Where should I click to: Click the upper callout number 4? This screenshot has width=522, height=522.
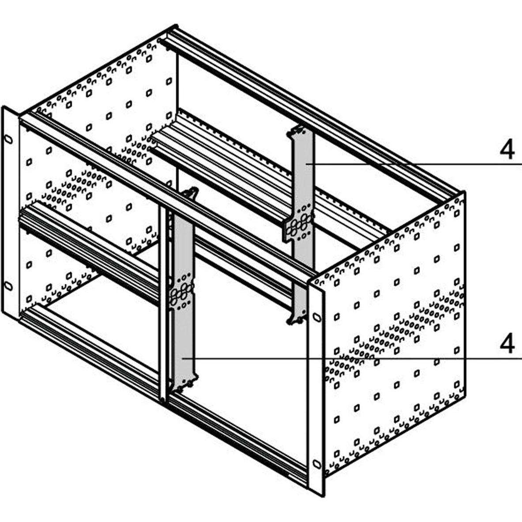507,150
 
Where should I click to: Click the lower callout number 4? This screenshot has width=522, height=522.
507,344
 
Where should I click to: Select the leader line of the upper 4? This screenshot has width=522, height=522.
415,164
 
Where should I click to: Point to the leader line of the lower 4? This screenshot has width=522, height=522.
353,358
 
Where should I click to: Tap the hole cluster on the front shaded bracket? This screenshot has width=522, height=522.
182,291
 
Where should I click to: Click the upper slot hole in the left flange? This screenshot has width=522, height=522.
8,139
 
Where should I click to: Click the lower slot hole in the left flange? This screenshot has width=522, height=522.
8,285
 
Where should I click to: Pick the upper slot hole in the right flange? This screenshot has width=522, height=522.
316,317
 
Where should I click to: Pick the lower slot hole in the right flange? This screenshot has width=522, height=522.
316,463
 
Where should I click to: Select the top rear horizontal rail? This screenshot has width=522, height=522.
309,110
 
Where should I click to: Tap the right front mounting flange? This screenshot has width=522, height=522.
315,388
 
